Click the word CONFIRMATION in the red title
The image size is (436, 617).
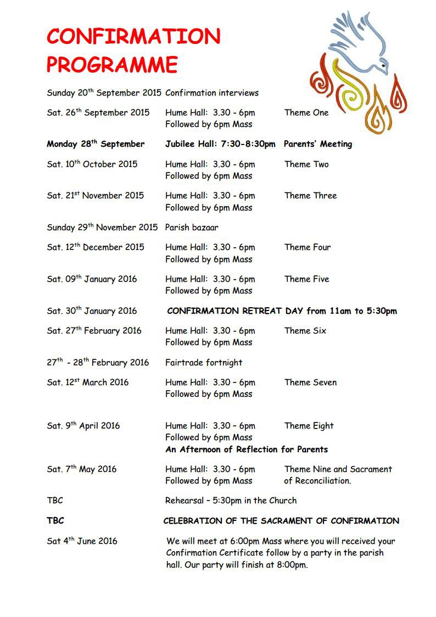click(133, 37)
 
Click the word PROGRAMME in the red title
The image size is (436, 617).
click(112, 64)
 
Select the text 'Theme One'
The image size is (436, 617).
click(306, 113)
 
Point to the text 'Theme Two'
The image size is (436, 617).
click(306, 164)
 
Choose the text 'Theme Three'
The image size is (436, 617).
click(310, 196)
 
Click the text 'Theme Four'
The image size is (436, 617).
click(308, 247)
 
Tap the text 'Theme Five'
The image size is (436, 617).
click(306, 279)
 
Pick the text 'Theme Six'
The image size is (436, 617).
click(305, 331)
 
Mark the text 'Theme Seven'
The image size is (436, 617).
click(310, 382)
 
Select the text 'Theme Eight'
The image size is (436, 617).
click(309, 426)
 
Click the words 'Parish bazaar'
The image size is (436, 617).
click(192, 227)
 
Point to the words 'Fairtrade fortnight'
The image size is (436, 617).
click(204, 363)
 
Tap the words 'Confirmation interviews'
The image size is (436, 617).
click(211, 93)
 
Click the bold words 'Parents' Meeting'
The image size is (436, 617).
click(318, 144)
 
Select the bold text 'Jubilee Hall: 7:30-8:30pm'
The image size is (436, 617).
click(220, 144)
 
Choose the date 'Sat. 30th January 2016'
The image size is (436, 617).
click(92, 311)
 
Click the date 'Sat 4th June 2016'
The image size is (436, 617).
click(82, 541)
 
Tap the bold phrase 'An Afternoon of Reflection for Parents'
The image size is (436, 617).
click(247, 449)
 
